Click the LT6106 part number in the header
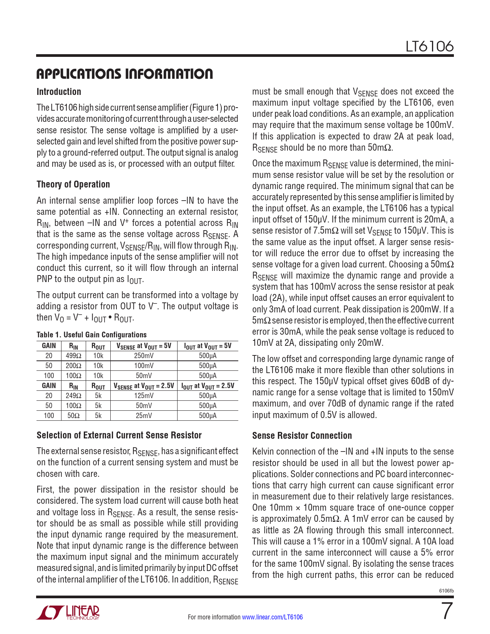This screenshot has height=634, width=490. click(430, 46)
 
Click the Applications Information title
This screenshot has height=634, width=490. click(125, 74)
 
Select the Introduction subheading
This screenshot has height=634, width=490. click(59, 92)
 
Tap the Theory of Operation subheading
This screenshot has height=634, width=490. click(73, 184)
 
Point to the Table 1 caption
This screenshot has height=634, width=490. click(91, 335)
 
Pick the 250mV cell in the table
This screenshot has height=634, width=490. click(144, 356)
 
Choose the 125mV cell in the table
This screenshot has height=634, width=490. click(144, 396)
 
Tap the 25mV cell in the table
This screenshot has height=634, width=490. click(144, 416)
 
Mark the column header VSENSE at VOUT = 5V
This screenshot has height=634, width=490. click(144, 346)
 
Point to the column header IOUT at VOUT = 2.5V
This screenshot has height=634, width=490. click(208, 386)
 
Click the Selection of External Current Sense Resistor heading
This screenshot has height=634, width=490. click(119, 435)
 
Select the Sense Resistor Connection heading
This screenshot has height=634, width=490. click(302, 436)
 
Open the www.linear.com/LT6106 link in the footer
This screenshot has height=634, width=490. click(272, 617)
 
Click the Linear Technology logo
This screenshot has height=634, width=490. click(68, 612)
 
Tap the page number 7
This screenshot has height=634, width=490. click(446, 611)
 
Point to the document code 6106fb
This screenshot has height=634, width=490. click(446, 591)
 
